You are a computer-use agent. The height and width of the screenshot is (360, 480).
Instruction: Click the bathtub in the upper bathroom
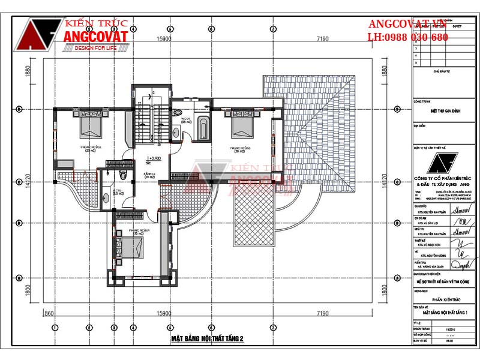click(x=203, y=129)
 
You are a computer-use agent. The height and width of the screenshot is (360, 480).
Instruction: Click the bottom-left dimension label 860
click(x=50, y=313)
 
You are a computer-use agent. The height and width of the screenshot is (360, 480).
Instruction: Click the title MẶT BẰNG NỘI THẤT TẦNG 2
click(x=208, y=339)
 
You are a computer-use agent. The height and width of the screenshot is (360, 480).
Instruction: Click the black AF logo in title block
click(x=444, y=163)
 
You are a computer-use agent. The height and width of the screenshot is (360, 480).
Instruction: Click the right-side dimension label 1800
click(x=383, y=288)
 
